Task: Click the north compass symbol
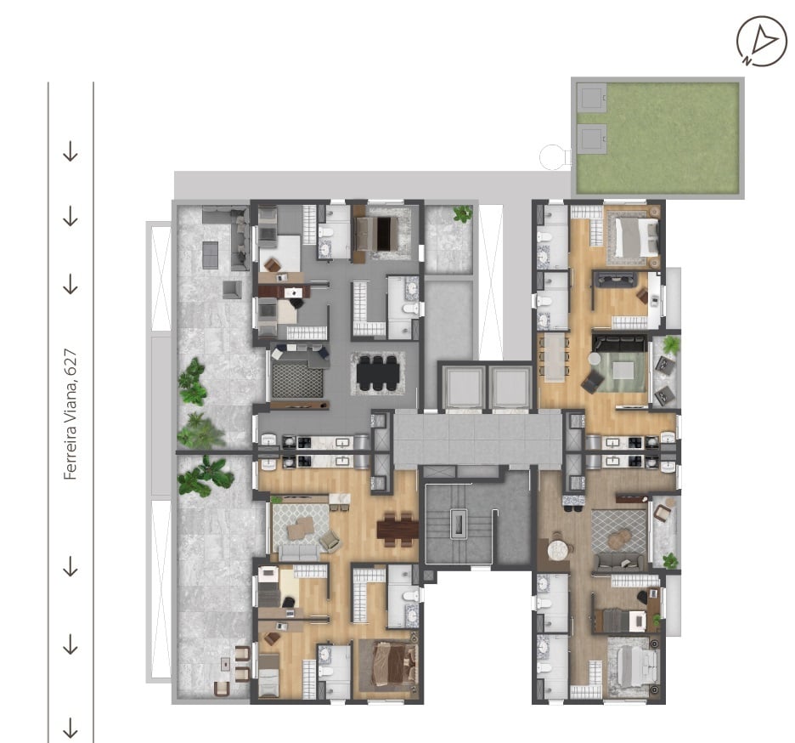coord(762,41)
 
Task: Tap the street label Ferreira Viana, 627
coord(70,414)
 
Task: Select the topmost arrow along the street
coord(70,151)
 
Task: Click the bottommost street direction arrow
coord(70,728)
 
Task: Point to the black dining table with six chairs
coord(377,373)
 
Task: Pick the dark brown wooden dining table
coord(397,530)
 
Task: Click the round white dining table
coord(558,550)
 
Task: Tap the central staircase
coord(459,524)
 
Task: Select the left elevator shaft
coord(462,388)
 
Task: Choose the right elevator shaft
coord(509,388)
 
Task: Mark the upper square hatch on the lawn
coord(592,98)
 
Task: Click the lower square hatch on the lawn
coord(592,138)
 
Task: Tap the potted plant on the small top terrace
coord(462,213)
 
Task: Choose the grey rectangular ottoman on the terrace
coord(210,255)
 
